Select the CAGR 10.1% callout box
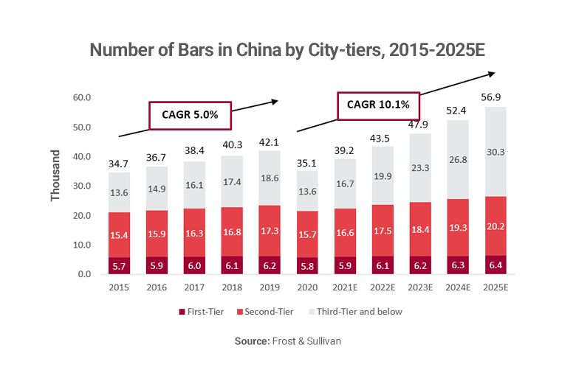[x=378, y=105]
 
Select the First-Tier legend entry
[x=204, y=312]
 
